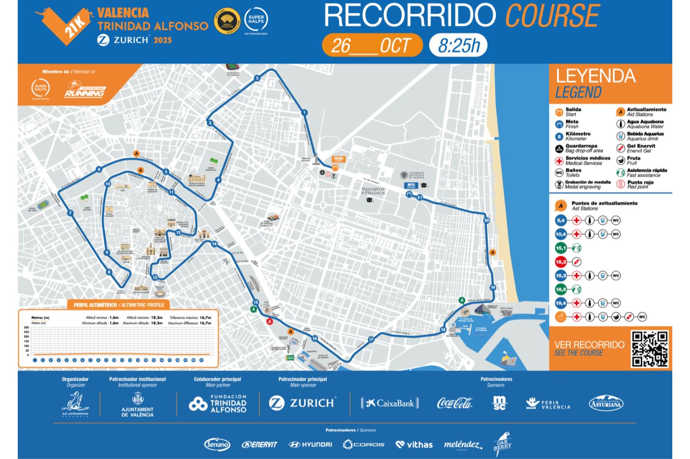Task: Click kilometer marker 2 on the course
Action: coord(257,78)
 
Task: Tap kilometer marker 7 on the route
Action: coord(70,213)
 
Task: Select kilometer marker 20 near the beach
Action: coord(486,220)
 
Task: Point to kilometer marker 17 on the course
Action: coord(371,339)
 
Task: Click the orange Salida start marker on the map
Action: coord(339,159)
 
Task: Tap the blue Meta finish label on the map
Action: coord(411,186)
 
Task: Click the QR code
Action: coord(650,349)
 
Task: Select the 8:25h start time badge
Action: coord(458,46)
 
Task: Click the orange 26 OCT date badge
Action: coord(372,46)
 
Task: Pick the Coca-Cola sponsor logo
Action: coord(454,403)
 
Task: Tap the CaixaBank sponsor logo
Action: coord(390,403)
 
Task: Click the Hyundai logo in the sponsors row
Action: coord(310,445)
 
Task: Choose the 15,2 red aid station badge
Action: coord(561,262)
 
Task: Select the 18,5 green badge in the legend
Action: coord(561,290)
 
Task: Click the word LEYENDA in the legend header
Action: coord(595,76)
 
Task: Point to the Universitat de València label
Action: coord(373,191)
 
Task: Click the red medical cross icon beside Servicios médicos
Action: coord(559,161)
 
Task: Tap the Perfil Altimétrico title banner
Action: coord(119,305)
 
